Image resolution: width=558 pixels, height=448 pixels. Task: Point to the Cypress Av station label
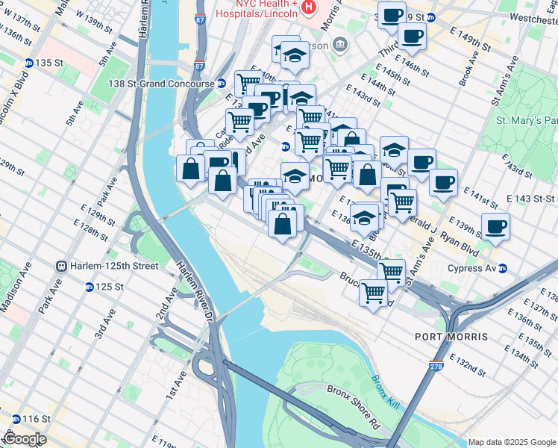472,268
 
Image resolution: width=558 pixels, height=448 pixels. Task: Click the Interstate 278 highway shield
436,366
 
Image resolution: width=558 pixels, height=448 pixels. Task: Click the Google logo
24,439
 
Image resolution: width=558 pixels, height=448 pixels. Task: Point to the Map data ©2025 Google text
511,442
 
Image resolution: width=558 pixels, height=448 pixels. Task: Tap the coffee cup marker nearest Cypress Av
495,226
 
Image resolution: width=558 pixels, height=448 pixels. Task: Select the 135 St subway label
46,63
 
